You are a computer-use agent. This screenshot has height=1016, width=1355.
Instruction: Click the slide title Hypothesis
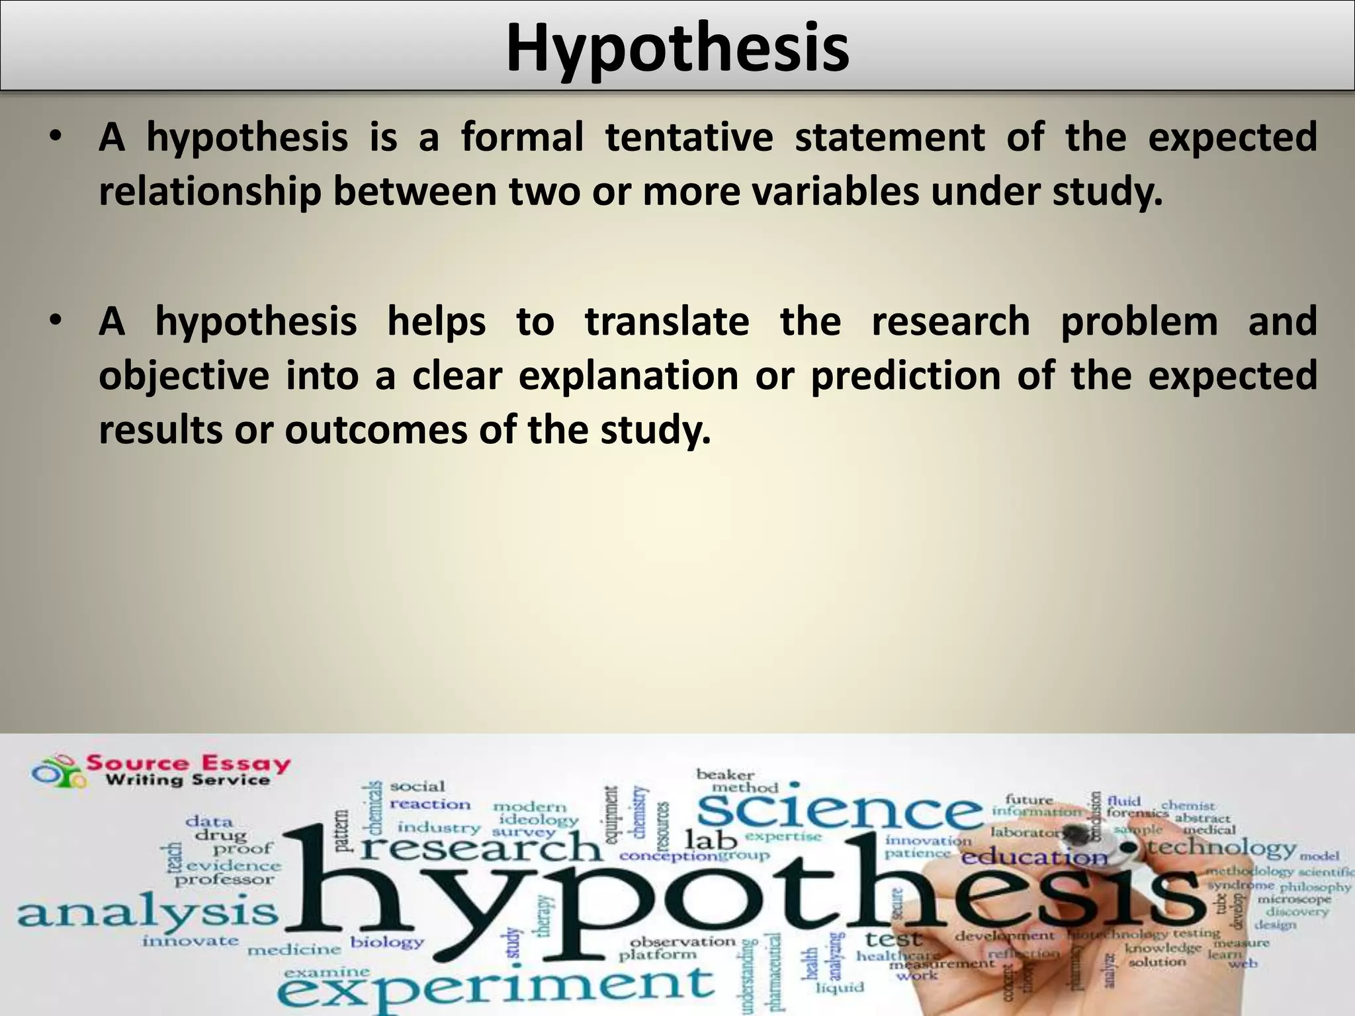click(677, 48)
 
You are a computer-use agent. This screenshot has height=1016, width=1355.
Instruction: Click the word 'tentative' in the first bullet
click(689, 137)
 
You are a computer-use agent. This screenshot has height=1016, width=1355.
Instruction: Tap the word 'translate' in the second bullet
click(667, 321)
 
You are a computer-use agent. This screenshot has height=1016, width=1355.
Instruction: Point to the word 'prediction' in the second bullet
click(906, 376)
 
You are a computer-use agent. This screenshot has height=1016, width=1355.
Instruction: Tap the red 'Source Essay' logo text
click(189, 763)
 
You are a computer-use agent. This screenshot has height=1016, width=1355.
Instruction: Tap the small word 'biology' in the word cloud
click(387, 942)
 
